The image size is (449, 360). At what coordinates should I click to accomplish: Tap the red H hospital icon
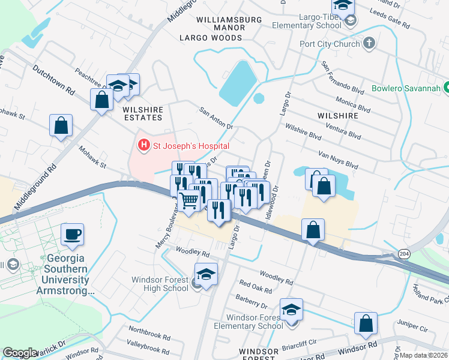click(143, 145)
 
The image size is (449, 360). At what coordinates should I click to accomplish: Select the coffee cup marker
click(73, 234)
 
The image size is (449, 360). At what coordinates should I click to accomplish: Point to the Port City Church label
click(331, 43)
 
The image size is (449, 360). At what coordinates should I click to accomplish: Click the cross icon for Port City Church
click(369, 43)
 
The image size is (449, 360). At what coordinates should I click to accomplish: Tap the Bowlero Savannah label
click(405, 88)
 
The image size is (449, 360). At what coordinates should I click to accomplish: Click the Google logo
click(20, 353)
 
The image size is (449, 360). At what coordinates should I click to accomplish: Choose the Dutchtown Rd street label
click(54, 81)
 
